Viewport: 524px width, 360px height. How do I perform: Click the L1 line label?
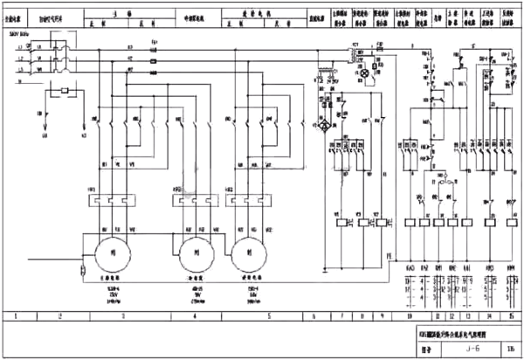(x=20, y=56)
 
